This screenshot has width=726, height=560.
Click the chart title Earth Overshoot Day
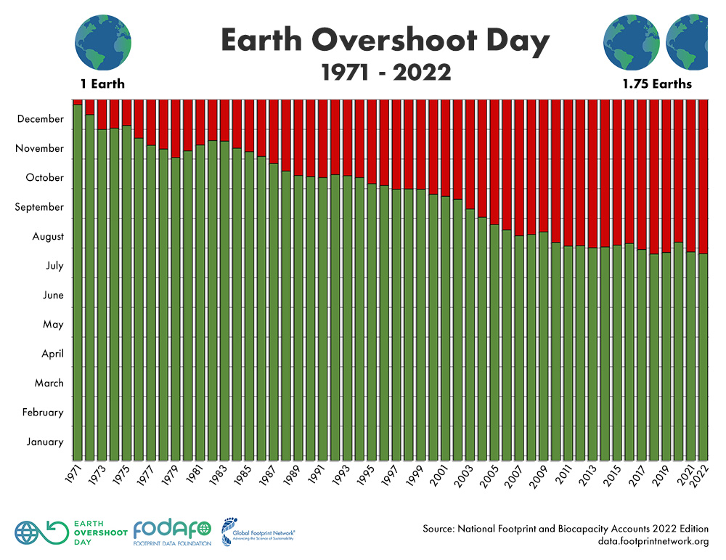(385, 42)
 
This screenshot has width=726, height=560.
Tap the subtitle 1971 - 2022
(385, 73)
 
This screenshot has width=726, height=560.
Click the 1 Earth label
(102, 84)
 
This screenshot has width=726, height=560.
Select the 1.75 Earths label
(656, 84)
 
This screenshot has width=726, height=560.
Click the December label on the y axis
(41, 118)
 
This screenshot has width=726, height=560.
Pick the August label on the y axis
(47, 236)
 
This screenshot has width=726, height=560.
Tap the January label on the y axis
(44, 442)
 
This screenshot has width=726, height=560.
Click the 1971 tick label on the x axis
(76, 471)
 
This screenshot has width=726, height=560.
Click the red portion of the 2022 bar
(703, 174)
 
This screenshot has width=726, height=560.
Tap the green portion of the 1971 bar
(78, 291)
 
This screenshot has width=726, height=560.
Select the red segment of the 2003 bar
(470, 153)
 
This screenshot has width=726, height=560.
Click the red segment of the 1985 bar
(249, 125)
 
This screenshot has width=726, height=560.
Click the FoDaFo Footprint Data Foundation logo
(172, 532)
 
